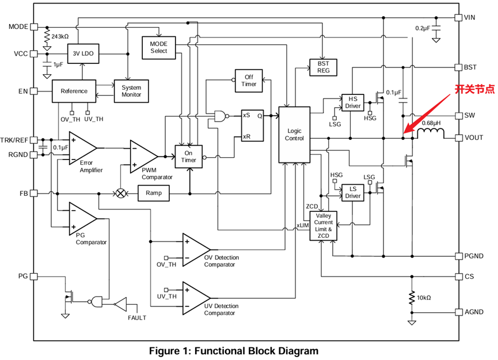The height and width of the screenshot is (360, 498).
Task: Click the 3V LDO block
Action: (x=83, y=54)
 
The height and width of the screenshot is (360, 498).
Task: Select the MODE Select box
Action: (x=158, y=47)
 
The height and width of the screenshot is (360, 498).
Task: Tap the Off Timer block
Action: (x=249, y=80)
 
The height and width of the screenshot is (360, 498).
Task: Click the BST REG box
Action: (x=323, y=67)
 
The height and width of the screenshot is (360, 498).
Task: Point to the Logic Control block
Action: (x=294, y=135)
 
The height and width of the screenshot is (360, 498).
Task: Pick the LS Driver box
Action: (x=353, y=192)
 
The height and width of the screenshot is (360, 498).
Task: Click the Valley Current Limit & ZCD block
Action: (x=324, y=226)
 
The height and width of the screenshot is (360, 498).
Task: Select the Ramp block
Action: (x=154, y=194)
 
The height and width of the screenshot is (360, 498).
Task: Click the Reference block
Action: (x=74, y=91)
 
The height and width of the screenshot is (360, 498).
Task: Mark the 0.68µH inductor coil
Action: (x=431, y=134)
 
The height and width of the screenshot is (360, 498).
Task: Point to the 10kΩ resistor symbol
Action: (x=412, y=298)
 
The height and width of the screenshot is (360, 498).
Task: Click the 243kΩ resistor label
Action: (x=60, y=36)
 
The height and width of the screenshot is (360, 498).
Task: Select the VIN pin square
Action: (x=458, y=17)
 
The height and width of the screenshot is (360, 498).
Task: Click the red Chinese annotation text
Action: (x=474, y=89)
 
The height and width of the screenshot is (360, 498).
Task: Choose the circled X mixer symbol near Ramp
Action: (x=121, y=194)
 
